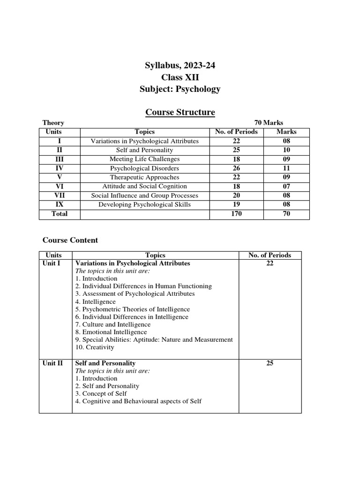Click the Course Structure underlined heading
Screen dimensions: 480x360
180,112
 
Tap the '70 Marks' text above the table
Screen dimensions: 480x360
269,123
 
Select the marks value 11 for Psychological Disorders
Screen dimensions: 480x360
286,168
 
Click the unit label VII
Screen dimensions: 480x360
60,195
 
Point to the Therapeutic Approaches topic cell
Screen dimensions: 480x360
144,177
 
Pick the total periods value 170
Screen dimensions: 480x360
236,214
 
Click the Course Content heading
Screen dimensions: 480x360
70,240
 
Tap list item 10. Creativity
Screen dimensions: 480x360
94,347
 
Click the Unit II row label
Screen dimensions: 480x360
53,363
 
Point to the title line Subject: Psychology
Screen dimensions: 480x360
180,89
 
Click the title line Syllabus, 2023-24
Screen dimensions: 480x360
180,66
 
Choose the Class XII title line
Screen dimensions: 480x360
180,78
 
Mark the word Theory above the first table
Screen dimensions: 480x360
53,123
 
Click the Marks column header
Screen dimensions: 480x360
286,132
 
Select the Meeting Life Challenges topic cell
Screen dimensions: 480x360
144,159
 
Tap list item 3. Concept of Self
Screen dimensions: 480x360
101,393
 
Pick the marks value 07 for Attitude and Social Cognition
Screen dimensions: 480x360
286,187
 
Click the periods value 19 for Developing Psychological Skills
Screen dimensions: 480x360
236,204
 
